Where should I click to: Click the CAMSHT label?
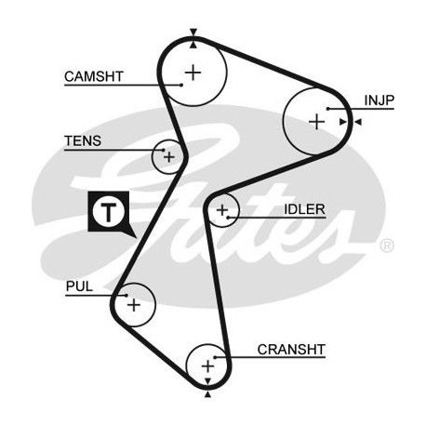[x=94, y=76]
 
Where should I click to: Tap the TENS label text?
[x=83, y=141]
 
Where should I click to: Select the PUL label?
[x=79, y=286]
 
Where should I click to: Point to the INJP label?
[x=379, y=100]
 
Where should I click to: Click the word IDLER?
[x=304, y=209]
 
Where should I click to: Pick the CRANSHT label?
[x=291, y=350]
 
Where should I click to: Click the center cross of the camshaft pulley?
[x=193, y=73]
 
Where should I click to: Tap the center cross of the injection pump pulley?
[x=317, y=122]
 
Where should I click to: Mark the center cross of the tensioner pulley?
[x=169, y=157]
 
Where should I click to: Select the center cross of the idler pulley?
[x=222, y=210]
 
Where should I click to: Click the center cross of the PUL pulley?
[x=134, y=305]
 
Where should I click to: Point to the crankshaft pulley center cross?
[x=207, y=366]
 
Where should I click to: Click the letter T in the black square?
[x=108, y=212]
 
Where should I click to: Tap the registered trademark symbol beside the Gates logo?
[x=387, y=246]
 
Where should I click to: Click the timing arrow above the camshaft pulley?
[x=193, y=32]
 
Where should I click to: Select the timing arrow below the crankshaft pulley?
[x=207, y=394]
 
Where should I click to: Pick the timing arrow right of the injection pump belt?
[x=358, y=122]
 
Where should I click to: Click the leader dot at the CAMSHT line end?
[x=181, y=85]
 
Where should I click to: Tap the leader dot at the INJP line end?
[x=327, y=109]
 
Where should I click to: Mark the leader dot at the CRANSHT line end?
[x=215, y=357]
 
